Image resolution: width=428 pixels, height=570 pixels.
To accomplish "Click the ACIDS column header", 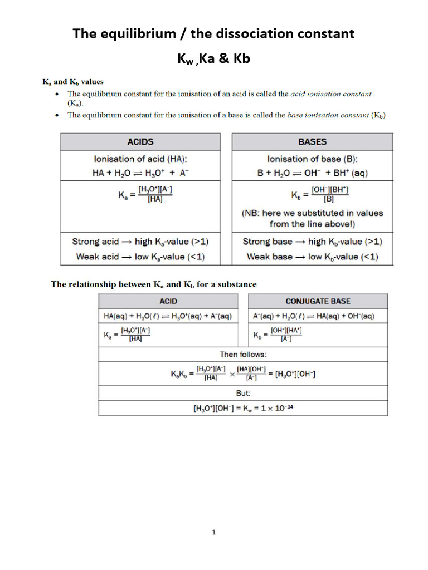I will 140,142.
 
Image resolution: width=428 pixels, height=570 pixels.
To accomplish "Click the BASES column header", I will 312,142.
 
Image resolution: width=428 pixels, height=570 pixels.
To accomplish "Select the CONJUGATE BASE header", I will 318,301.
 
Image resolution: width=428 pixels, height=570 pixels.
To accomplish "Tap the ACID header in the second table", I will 168,301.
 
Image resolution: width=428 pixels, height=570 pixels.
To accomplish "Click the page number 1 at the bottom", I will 214,533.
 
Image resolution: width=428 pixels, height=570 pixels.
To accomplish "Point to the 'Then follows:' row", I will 243,354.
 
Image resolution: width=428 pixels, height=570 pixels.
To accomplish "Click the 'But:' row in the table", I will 243,392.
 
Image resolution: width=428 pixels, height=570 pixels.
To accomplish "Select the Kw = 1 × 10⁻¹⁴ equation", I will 243,408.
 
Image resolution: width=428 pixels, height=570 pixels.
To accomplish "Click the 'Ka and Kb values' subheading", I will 73,81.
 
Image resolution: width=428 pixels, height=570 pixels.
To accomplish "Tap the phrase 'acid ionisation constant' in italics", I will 331,94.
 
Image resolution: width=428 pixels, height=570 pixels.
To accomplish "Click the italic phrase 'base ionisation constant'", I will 327,115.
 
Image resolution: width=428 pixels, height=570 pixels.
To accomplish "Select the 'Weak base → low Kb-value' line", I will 312,257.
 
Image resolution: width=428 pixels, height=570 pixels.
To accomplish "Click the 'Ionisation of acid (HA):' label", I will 140,159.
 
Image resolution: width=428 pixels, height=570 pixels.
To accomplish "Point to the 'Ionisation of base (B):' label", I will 312,159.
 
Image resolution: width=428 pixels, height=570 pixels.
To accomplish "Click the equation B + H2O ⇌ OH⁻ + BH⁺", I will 312,173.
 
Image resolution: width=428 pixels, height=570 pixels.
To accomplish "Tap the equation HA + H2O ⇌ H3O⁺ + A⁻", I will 140,173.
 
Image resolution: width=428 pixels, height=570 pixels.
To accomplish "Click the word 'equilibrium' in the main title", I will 139,34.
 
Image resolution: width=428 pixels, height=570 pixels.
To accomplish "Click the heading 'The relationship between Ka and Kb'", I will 154,284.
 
